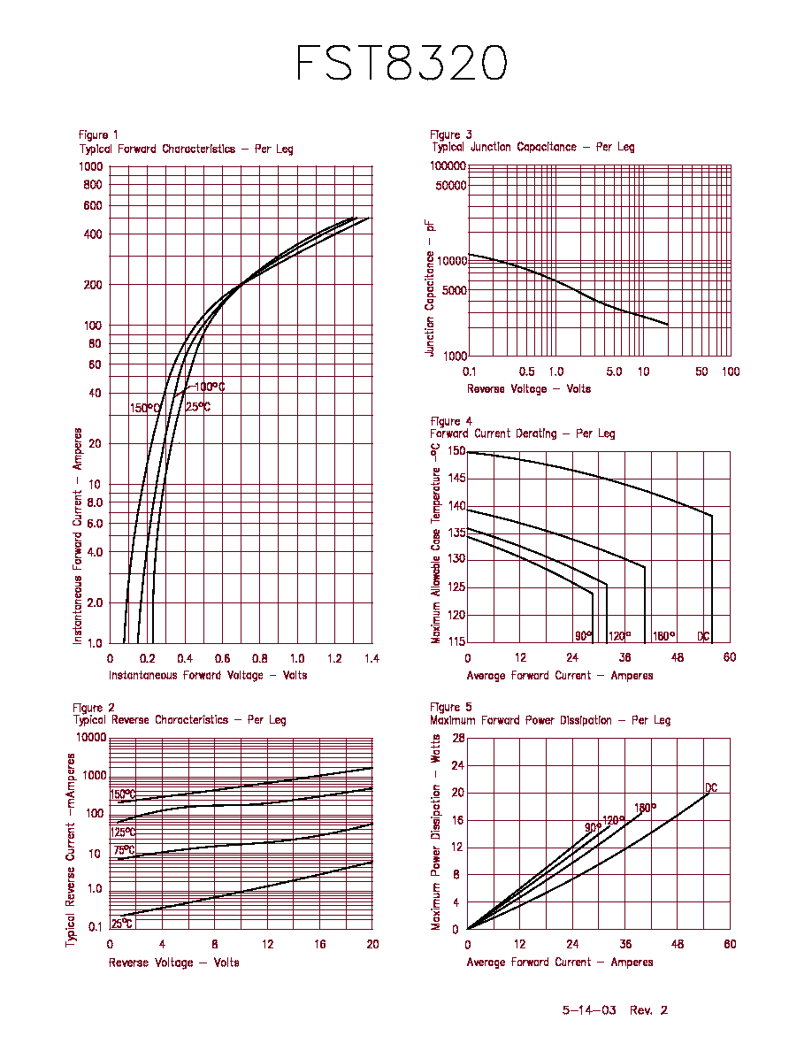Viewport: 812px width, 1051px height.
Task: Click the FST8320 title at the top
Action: click(x=402, y=63)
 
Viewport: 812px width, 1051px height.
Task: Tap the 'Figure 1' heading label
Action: click(x=98, y=134)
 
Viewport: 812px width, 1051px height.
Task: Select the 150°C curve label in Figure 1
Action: click(x=145, y=408)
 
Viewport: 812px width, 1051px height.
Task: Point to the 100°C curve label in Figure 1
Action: click(x=210, y=387)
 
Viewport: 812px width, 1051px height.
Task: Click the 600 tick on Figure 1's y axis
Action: click(x=93, y=206)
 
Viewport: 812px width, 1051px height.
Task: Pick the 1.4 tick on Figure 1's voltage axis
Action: click(x=372, y=658)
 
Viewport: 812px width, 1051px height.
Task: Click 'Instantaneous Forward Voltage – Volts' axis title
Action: click(x=208, y=675)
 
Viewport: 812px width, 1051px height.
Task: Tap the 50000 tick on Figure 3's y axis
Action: click(x=450, y=185)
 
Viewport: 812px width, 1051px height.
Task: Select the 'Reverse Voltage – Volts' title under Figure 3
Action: click(x=529, y=388)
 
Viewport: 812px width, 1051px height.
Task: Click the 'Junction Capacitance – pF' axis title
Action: click(x=430, y=288)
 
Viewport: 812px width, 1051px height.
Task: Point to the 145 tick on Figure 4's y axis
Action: click(x=457, y=479)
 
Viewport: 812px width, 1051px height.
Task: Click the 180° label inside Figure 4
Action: click(x=664, y=635)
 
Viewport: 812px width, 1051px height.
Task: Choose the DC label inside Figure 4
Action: click(x=703, y=636)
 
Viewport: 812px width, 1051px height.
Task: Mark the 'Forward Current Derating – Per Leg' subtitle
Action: click(x=523, y=433)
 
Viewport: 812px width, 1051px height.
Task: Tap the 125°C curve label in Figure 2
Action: click(x=123, y=832)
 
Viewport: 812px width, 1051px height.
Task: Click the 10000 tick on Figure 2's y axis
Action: click(x=91, y=737)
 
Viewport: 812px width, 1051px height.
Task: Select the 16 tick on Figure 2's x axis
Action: click(x=320, y=944)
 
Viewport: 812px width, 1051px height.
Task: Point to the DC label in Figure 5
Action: click(x=711, y=787)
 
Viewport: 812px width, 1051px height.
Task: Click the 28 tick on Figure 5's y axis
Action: click(x=458, y=738)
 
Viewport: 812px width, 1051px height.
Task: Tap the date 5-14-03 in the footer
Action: click(x=589, y=1010)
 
